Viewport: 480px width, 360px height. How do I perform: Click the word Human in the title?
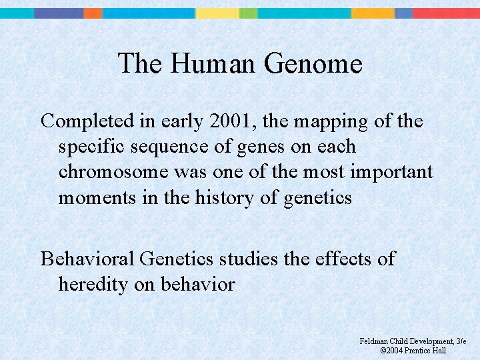pos(213,64)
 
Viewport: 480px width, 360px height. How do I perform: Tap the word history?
pos(221,197)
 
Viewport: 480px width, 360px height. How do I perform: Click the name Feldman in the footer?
pos(375,341)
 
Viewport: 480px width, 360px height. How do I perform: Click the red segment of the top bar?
pos(446,13)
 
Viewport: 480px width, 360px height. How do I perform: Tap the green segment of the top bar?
pos(248,13)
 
